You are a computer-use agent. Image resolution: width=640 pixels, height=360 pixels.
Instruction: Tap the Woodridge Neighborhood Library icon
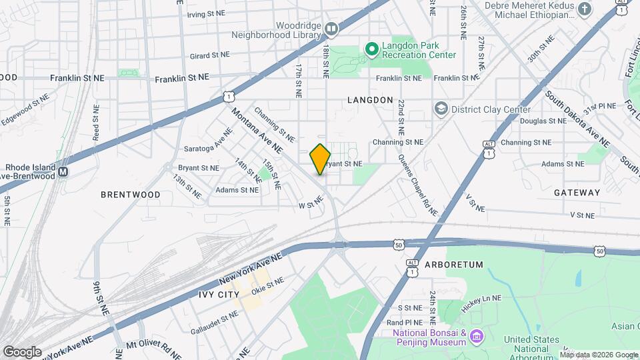point(331,28)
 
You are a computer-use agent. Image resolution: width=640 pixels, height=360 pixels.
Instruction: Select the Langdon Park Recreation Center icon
point(371,49)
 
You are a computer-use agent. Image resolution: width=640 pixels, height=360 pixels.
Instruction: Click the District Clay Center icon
point(441,109)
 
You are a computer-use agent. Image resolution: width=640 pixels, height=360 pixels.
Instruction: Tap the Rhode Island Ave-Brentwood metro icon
point(63,171)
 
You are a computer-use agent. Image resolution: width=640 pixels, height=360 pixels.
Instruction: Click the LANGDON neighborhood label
point(370,100)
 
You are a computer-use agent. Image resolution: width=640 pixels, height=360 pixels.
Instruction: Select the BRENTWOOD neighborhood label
point(131,195)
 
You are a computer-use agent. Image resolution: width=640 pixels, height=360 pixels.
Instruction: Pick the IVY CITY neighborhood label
point(219,294)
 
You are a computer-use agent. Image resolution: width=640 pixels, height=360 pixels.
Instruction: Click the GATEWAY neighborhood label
point(577,192)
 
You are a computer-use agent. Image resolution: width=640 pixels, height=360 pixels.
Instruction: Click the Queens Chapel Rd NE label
point(417,185)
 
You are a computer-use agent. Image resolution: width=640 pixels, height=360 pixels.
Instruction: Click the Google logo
point(22,351)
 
